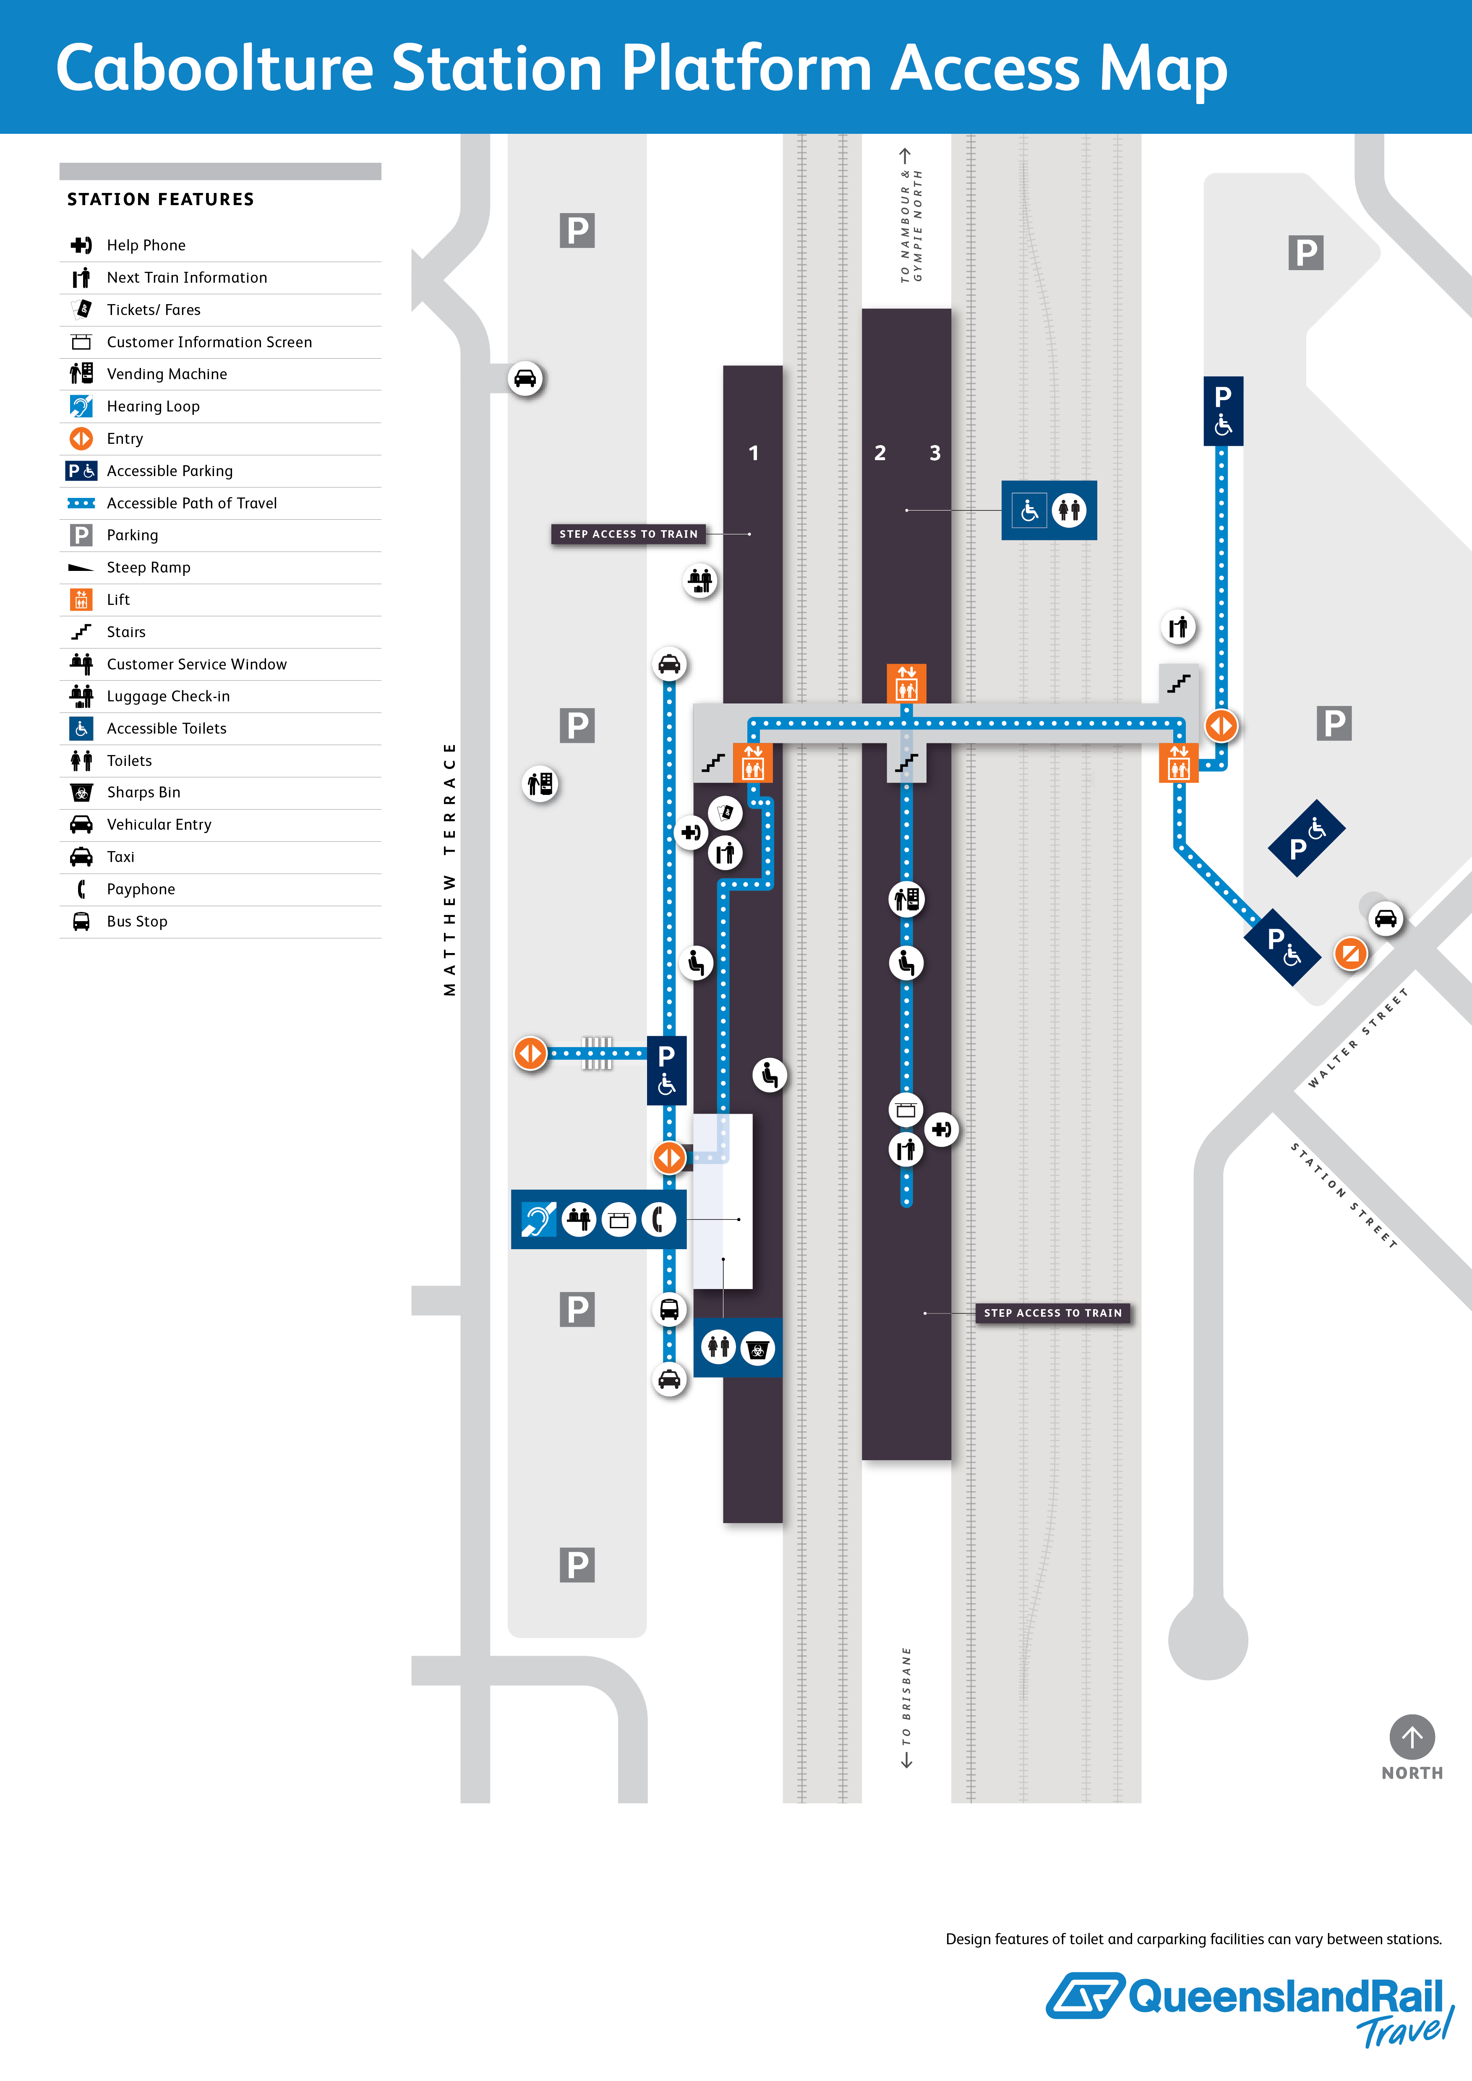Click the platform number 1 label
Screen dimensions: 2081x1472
pos(753,453)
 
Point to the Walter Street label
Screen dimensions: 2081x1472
pos(1358,1038)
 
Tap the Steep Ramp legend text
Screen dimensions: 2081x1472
pos(149,568)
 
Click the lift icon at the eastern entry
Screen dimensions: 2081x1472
pos(1178,763)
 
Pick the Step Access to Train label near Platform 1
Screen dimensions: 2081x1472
pos(628,534)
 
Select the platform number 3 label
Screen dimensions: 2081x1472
pos(934,453)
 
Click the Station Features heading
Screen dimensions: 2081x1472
pos(160,199)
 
